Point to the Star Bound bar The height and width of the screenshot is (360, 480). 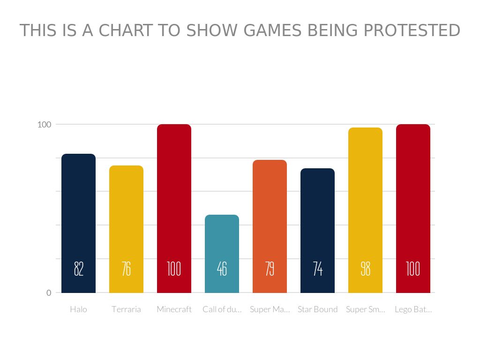tap(317, 216)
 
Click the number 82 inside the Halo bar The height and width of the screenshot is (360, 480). tap(78, 269)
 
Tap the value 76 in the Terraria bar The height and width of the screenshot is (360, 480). tap(126, 269)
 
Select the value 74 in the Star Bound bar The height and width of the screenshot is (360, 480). tap(317, 269)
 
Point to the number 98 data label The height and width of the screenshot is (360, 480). tap(365, 269)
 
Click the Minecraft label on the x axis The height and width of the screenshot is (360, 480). tap(174, 309)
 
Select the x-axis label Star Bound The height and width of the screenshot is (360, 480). tap(317, 309)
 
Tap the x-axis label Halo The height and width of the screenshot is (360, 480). tap(78, 309)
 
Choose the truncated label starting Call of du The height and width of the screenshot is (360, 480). tap(222, 309)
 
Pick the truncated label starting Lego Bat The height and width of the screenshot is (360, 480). tap(413, 309)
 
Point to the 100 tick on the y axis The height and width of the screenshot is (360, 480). tap(44, 125)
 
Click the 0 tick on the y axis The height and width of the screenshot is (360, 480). tap(49, 293)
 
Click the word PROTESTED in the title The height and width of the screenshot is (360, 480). tap(412, 30)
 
